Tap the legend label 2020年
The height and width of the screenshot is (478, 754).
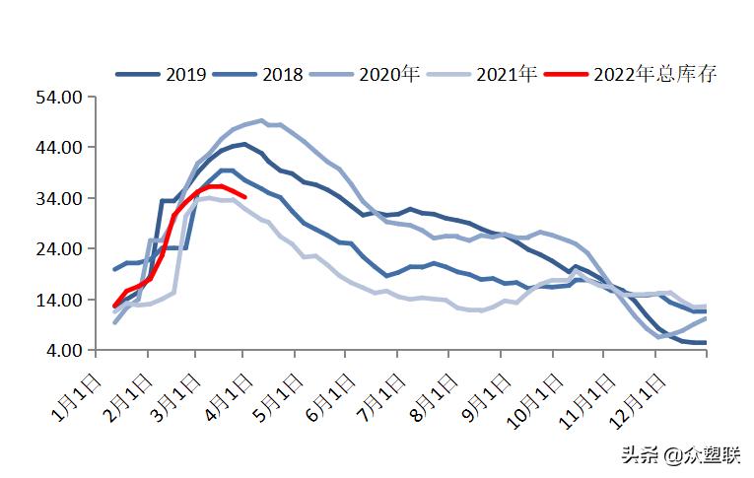point(389,74)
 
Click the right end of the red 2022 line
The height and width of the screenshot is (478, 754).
point(244,197)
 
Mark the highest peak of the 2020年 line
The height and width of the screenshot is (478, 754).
point(261,120)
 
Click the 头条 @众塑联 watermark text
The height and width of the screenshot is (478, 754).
point(679,454)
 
